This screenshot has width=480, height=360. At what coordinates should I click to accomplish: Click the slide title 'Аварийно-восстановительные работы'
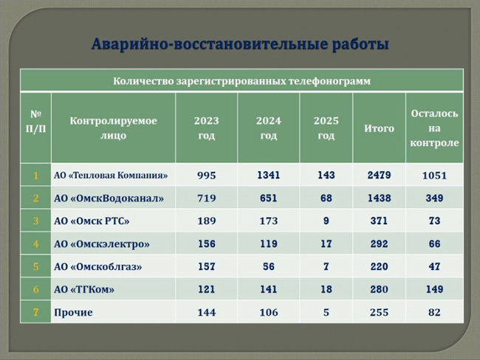point(240,44)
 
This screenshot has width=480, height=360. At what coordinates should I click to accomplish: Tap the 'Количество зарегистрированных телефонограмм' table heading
point(241,81)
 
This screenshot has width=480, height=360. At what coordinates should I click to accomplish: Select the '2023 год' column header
point(206,128)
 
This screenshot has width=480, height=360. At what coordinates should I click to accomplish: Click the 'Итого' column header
point(379,128)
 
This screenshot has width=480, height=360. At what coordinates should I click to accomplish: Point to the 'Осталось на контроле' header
point(434,128)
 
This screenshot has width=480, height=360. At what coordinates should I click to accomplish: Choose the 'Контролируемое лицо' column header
point(113,128)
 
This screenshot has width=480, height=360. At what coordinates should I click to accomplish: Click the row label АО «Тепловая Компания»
point(111,176)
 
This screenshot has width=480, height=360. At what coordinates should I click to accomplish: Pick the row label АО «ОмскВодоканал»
point(109,198)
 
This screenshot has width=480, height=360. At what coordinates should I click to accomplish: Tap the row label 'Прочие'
point(73,312)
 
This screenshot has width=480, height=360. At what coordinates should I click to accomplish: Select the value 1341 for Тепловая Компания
point(269,175)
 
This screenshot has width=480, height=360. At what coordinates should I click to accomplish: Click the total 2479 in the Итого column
point(379,175)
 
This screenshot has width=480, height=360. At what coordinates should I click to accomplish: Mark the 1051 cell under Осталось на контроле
point(434,176)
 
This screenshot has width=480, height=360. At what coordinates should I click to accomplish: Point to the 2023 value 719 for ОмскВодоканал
point(206,198)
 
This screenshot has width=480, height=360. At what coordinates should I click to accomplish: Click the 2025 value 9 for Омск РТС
point(326,221)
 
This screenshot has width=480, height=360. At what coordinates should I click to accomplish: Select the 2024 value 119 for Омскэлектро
point(269,243)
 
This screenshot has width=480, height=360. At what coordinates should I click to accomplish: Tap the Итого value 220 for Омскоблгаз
point(379,266)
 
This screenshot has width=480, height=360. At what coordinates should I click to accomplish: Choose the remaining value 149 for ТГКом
point(434,289)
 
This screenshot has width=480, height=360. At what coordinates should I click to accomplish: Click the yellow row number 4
point(36,243)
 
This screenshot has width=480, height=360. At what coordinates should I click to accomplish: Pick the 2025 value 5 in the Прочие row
point(326,312)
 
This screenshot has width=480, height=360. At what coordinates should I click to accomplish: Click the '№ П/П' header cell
point(36,122)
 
